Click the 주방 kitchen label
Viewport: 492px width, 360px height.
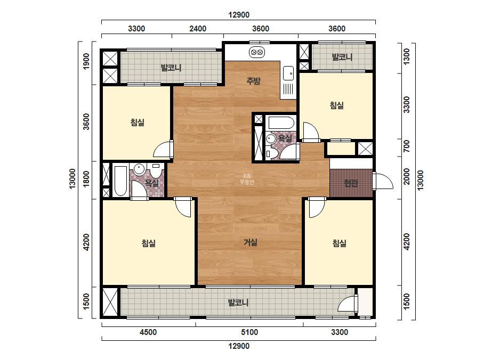click(x=253, y=81)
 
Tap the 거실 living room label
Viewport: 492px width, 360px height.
click(x=251, y=242)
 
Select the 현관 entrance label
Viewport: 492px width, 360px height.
click(x=351, y=183)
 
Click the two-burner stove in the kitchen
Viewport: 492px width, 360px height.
click(x=257, y=52)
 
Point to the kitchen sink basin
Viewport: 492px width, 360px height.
click(x=288, y=73)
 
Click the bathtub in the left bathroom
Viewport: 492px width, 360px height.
click(x=120, y=181)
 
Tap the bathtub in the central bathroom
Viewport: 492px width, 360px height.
click(x=281, y=123)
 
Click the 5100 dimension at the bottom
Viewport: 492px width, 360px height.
click(x=249, y=332)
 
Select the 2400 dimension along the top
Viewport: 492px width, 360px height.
click(x=198, y=29)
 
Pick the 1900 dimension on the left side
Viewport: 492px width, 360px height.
click(x=86, y=61)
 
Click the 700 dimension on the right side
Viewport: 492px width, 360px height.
click(x=406, y=146)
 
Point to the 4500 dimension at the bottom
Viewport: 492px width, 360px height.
click(x=148, y=332)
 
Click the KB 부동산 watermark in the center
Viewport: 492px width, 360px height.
click(x=247, y=179)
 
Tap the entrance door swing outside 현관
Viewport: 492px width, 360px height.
click(x=383, y=181)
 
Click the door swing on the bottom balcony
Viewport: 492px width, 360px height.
click(x=348, y=303)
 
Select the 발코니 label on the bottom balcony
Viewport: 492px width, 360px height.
click(x=238, y=302)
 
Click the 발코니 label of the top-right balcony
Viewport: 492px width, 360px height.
click(x=342, y=57)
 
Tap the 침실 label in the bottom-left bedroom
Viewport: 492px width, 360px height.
click(x=148, y=243)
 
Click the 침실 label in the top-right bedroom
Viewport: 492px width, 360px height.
click(x=337, y=105)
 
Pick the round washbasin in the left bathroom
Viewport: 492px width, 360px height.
click(x=139, y=169)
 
